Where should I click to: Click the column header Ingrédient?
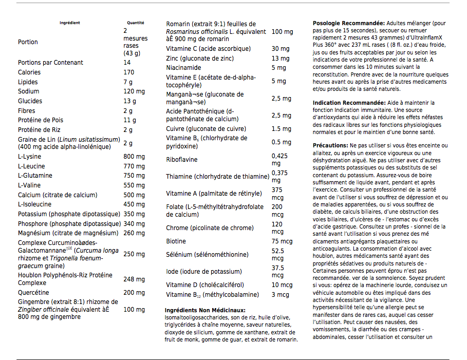point(70,23)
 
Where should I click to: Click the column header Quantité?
point(136,23)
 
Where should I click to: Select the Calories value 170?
point(128,72)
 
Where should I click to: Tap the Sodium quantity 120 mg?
point(134,91)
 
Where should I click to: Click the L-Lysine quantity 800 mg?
point(134,157)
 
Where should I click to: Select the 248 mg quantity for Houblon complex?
point(134,279)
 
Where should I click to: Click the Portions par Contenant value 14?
point(127,63)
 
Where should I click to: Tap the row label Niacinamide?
point(183,68)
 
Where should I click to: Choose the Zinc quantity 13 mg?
point(280,59)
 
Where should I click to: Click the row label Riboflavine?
point(181,160)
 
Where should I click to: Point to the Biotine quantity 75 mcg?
point(282,241)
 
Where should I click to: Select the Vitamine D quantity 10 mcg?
point(282,285)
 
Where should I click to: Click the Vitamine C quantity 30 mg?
point(281,49)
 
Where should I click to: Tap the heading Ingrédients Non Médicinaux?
point(205,310)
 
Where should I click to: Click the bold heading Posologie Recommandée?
point(348,24)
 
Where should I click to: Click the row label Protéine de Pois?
point(41,120)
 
